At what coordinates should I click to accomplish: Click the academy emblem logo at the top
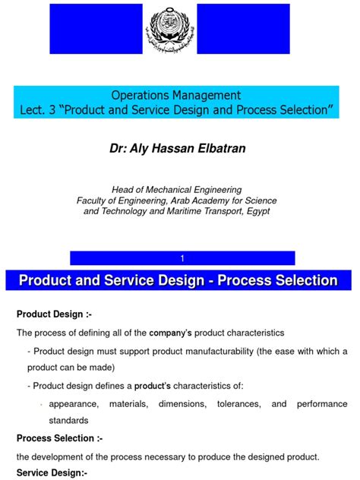click(179, 30)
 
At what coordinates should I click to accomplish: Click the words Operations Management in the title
click(176, 96)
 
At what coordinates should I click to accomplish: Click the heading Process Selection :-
click(59, 438)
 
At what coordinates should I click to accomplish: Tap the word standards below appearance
click(69, 421)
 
